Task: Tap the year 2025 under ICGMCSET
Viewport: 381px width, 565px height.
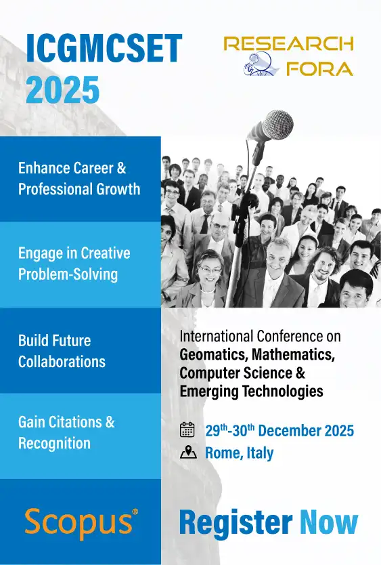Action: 62,89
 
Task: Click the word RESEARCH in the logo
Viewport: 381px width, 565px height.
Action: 288,44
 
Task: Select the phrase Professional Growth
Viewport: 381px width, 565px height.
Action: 79,188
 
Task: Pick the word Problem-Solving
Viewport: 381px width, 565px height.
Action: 68,274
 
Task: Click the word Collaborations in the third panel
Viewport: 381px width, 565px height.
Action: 62,361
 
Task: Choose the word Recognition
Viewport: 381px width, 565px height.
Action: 54,443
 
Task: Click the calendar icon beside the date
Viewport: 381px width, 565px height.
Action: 187,430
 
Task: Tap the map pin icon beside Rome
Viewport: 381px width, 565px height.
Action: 188,453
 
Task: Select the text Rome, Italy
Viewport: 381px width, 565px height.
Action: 240,453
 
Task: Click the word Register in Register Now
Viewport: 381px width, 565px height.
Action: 236,522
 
